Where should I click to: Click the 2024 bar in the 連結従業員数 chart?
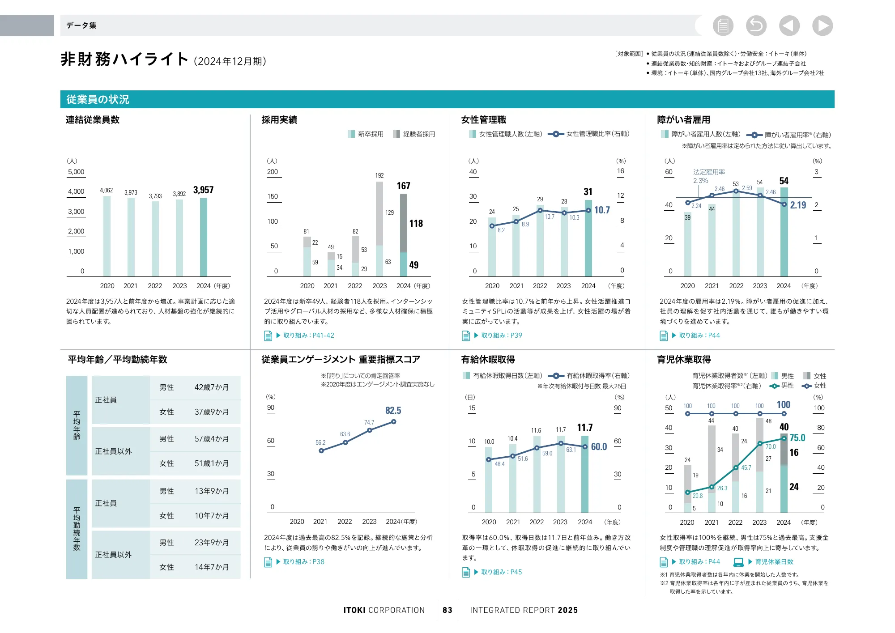pos(203,237)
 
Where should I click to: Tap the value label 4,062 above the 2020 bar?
pos(107,191)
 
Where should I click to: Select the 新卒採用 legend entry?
pos(366,134)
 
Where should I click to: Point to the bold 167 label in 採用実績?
pos(403,186)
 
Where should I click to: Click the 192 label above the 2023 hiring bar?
pos(379,175)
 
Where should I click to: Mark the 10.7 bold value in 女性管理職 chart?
pos(602,210)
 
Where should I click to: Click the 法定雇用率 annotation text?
pos(709,172)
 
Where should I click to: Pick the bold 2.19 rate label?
pos(798,205)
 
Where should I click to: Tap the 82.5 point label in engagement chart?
pos(393,411)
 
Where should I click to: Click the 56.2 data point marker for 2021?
pos(321,450)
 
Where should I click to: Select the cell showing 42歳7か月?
pos(211,387)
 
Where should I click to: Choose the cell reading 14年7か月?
pos(211,567)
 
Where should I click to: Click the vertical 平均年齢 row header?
pos(77,425)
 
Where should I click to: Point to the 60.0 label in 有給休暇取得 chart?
pos(599,447)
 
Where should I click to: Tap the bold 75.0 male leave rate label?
pos(797,438)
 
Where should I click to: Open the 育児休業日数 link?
pos(774,562)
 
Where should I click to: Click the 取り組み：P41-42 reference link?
pos(308,336)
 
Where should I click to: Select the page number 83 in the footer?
pos(447,610)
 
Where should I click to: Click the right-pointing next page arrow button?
pos(823,25)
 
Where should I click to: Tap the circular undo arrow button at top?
pos(756,25)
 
